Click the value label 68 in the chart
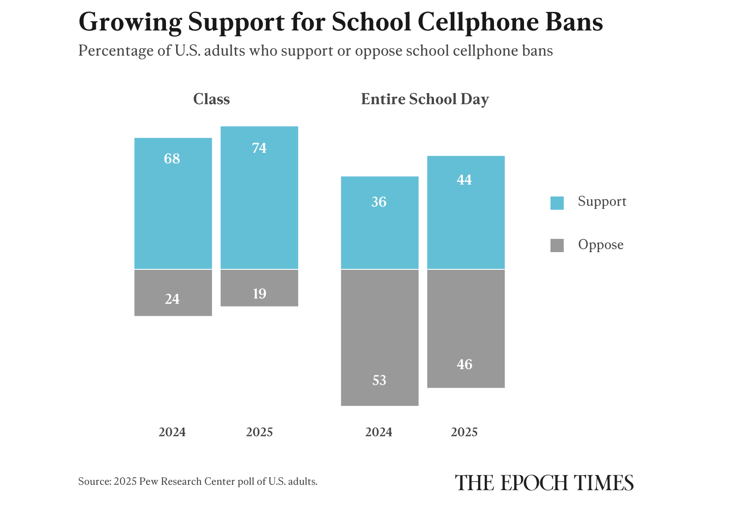pos(172,159)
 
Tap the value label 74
pos(259,148)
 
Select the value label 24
pos(172,299)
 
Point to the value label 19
pos(259,294)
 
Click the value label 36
pos(379,202)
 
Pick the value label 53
pos(379,380)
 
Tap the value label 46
pos(464,364)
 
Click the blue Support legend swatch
pos(557,203)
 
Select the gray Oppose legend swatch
pos(557,245)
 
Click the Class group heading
pos(211,99)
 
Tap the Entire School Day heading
pos(425,99)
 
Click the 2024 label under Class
pos(172,432)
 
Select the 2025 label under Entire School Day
pos(464,432)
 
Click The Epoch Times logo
pos(544,483)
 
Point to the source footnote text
pos(198,481)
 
